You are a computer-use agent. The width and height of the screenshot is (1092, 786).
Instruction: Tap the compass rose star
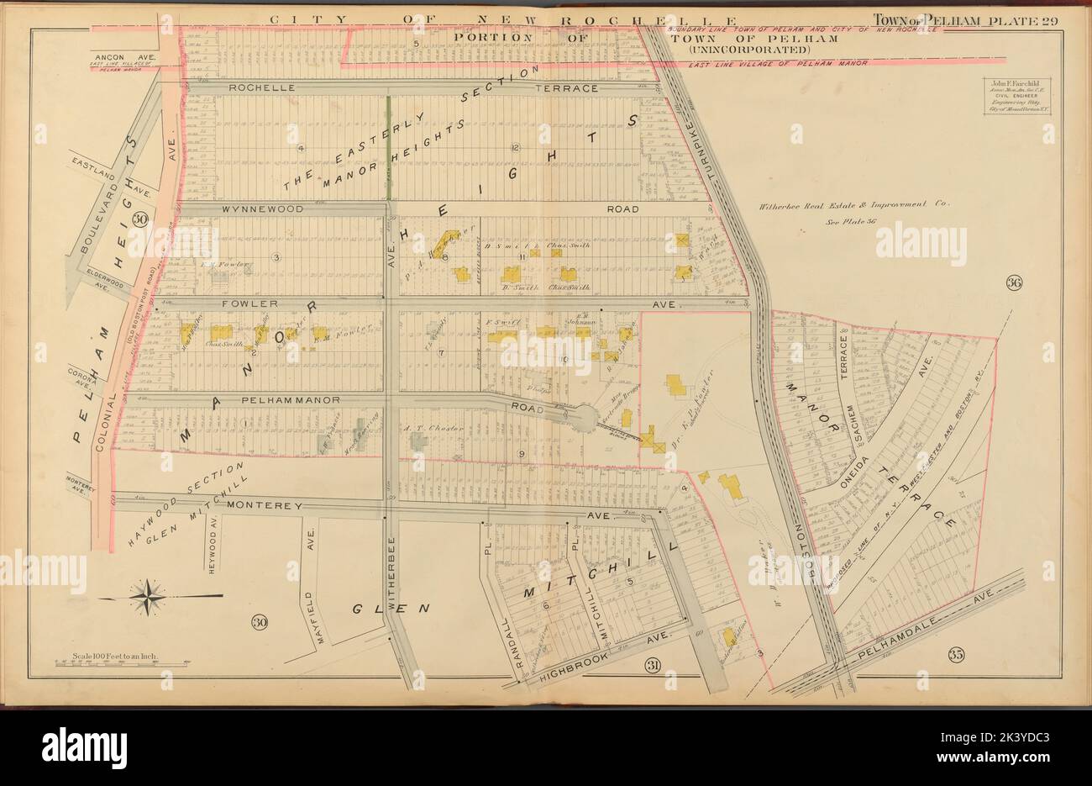pyautogui.click(x=149, y=595)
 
